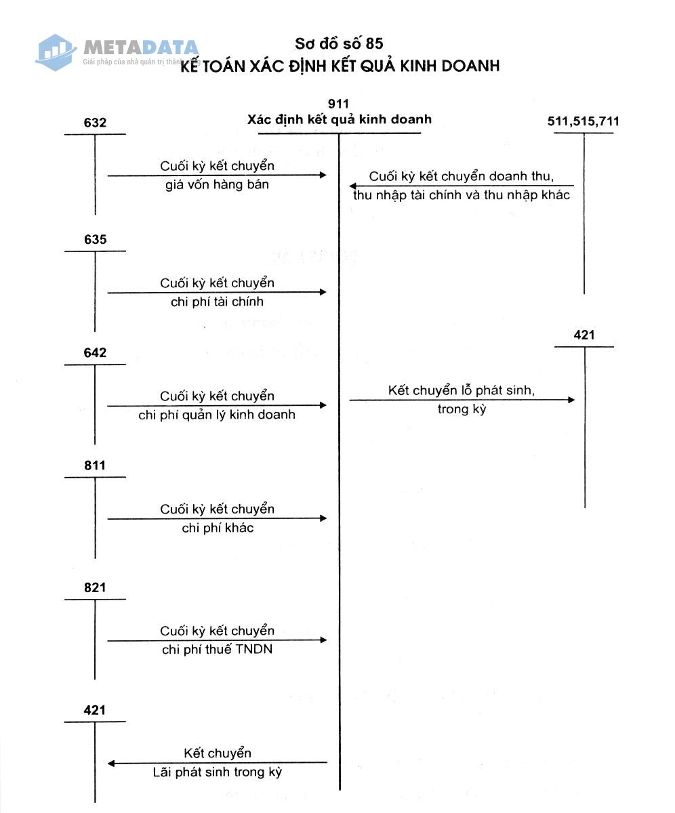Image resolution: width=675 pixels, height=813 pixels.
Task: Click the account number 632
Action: (95, 123)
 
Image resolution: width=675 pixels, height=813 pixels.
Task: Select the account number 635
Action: (95, 239)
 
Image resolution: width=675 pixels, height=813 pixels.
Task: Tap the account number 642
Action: (95, 353)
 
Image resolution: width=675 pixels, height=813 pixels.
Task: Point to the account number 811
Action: (95, 465)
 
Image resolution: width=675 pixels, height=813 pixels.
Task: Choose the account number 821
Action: (95, 587)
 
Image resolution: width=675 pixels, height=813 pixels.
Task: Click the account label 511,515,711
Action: (583, 121)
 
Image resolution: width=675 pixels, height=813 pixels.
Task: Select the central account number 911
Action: (338, 104)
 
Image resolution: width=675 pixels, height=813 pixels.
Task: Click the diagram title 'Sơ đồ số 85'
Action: (339, 43)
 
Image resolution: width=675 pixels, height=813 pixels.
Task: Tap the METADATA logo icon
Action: (56, 53)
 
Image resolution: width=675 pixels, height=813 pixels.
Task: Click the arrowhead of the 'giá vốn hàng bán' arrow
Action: (323, 175)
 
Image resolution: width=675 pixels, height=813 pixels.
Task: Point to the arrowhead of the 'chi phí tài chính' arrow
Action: (323, 292)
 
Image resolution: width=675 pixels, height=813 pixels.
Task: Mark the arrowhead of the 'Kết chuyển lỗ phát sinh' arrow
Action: (571, 400)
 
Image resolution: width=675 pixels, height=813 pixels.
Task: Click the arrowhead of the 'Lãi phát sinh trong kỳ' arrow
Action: (111, 764)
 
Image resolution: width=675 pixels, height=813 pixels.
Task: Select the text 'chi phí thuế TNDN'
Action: (218, 650)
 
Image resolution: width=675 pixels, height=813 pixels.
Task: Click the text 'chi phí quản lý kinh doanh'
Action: (217, 415)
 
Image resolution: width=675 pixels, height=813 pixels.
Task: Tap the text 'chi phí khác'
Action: (218, 528)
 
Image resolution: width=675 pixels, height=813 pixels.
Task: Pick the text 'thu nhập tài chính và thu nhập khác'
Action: (462, 195)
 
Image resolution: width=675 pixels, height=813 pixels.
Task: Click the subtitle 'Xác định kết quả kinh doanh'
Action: (340, 119)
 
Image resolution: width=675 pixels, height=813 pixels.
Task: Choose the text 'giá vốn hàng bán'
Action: (218, 184)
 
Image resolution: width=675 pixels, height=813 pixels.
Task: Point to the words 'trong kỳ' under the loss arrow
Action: (462, 410)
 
